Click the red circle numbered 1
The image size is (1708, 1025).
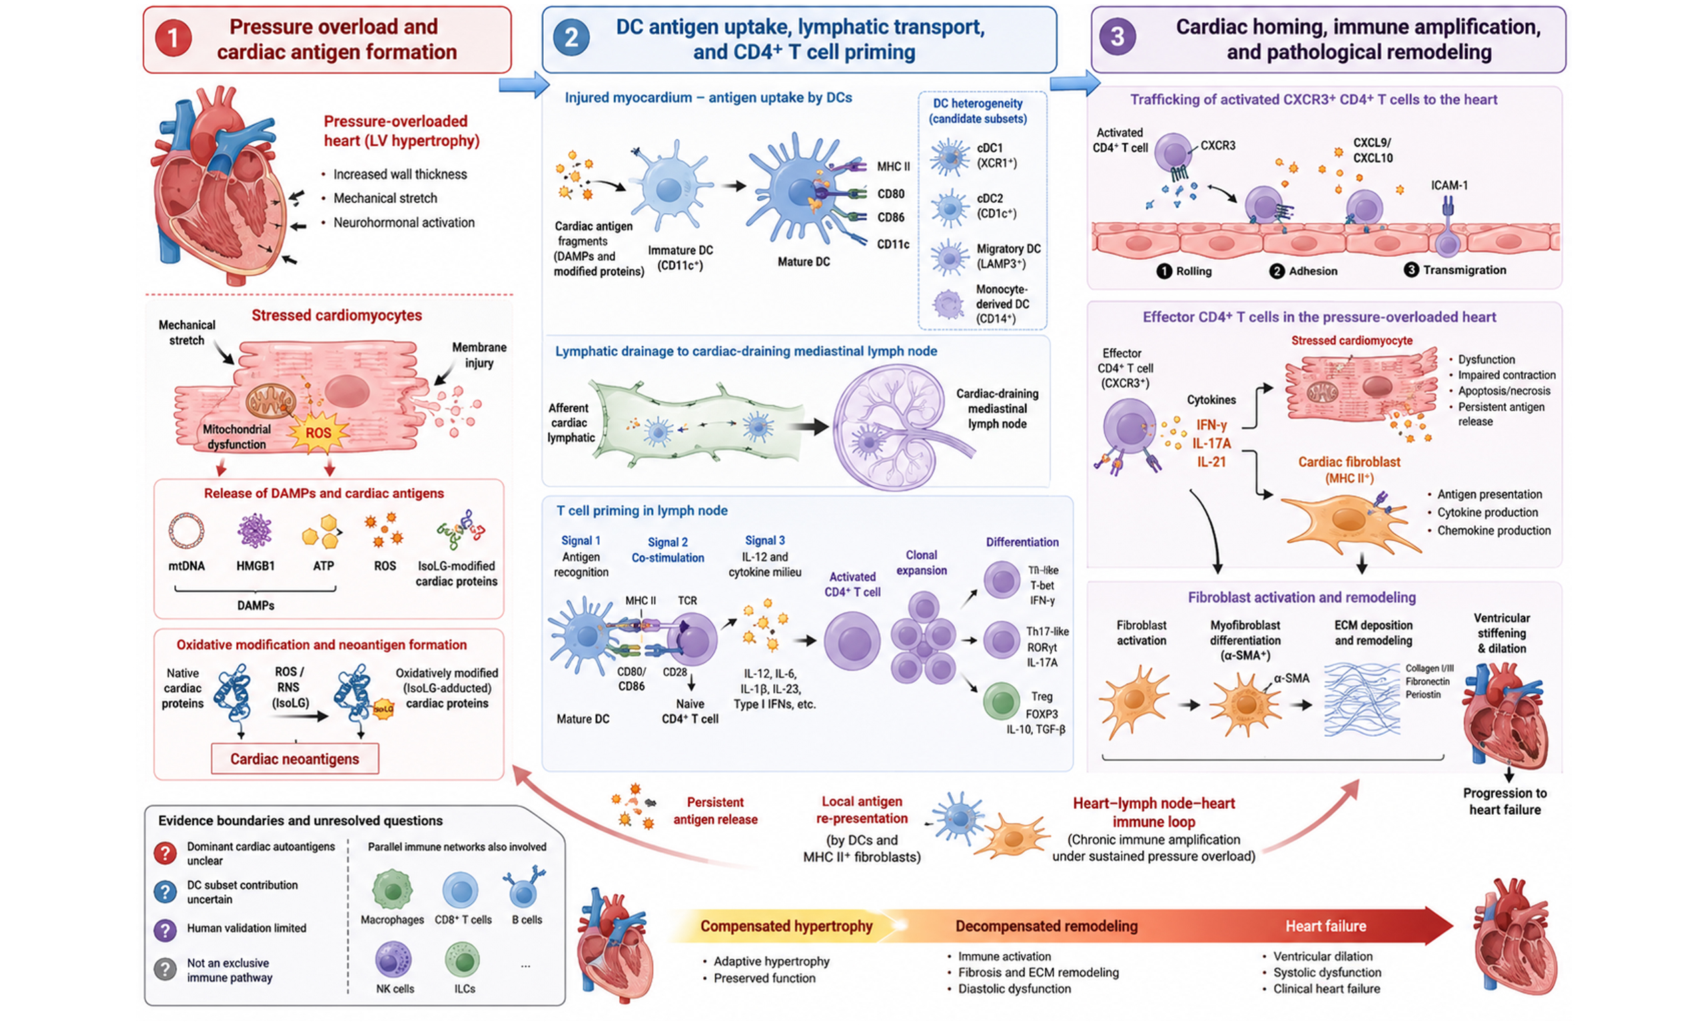click(173, 38)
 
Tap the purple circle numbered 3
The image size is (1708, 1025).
click(1117, 37)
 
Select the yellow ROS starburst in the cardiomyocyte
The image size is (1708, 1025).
click(318, 433)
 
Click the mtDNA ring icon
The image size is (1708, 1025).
click(186, 531)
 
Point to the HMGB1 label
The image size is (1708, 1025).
click(256, 566)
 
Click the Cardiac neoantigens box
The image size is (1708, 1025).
click(295, 758)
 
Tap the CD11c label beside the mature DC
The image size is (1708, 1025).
click(893, 244)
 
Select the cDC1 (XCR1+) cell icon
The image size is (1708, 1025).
click(949, 156)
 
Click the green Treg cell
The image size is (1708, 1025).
click(1001, 701)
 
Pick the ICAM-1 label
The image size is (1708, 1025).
click(1449, 185)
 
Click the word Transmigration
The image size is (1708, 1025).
click(1465, 270)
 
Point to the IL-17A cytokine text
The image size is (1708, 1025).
click(1212, 443)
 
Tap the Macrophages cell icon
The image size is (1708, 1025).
click(392, 890)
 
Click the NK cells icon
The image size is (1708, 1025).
click(394, 960)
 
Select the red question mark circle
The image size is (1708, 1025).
click(165, 853)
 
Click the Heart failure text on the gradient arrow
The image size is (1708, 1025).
click(1326, 926)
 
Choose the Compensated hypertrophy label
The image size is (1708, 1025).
click(787, 926)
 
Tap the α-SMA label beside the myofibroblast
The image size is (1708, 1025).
click(1291, 678)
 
